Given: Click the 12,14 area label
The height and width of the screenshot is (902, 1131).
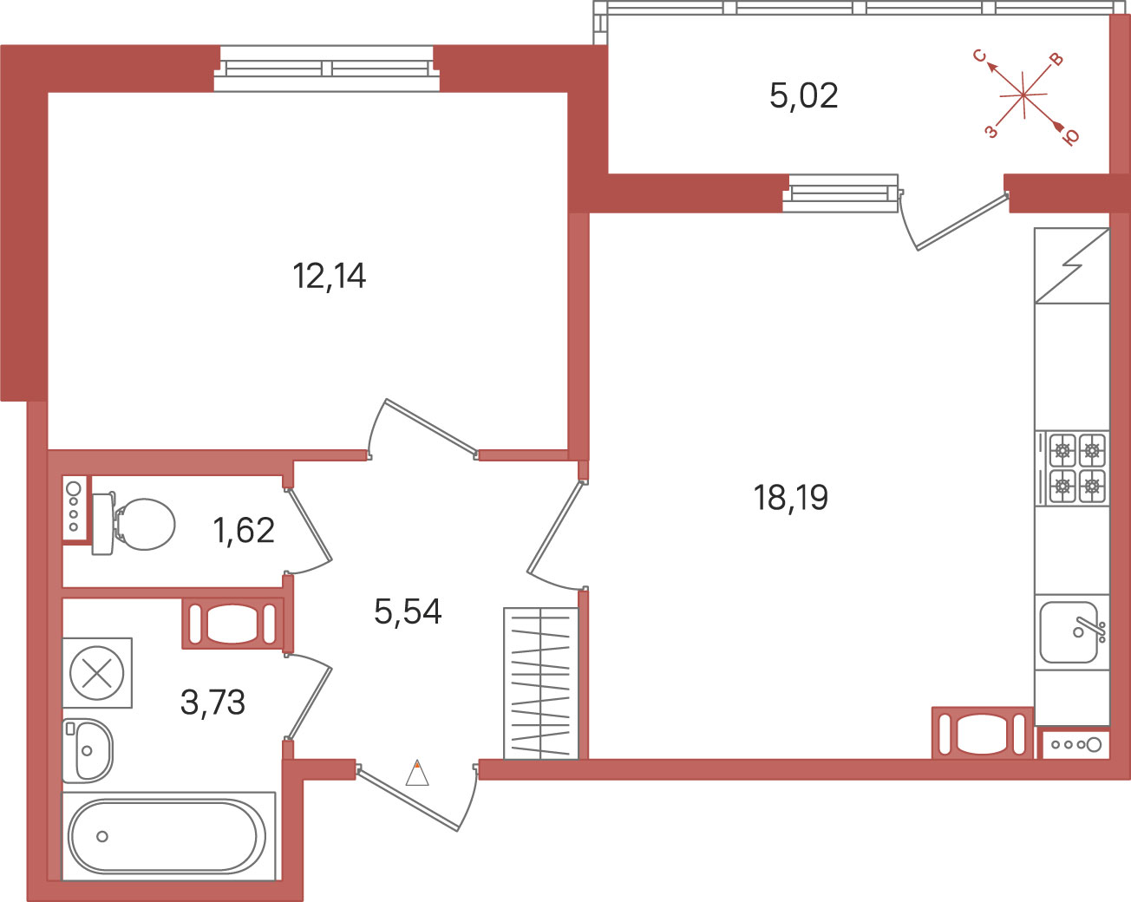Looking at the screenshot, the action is (329, 277).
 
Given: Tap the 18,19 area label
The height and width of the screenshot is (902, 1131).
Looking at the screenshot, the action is (790, 498).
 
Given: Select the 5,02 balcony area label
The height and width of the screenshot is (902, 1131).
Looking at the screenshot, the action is (803, 96).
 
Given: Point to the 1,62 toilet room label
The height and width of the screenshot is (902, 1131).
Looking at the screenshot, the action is (244, 531).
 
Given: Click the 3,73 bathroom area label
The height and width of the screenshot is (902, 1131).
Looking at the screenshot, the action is (212, 703).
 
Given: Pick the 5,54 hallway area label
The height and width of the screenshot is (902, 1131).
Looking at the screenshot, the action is (408, 611).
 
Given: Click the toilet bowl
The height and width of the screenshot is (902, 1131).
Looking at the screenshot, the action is (134, 524).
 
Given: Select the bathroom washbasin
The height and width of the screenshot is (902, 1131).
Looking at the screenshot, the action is (88, 750).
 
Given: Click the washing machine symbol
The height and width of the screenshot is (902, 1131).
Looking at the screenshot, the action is (96, 673).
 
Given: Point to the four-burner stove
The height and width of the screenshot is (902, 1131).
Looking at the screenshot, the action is (1072, 468).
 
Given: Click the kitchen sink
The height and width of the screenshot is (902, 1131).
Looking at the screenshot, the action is (1072, 631).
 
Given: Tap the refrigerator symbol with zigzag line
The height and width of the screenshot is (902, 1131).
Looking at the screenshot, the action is (1072, 265).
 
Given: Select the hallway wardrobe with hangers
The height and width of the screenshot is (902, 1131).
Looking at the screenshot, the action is (541, 683).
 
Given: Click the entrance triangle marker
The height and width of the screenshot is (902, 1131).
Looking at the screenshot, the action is (417, 773).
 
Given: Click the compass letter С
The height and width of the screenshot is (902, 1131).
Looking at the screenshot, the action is (979, 56).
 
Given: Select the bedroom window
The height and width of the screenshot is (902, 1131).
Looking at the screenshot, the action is (326, 69).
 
